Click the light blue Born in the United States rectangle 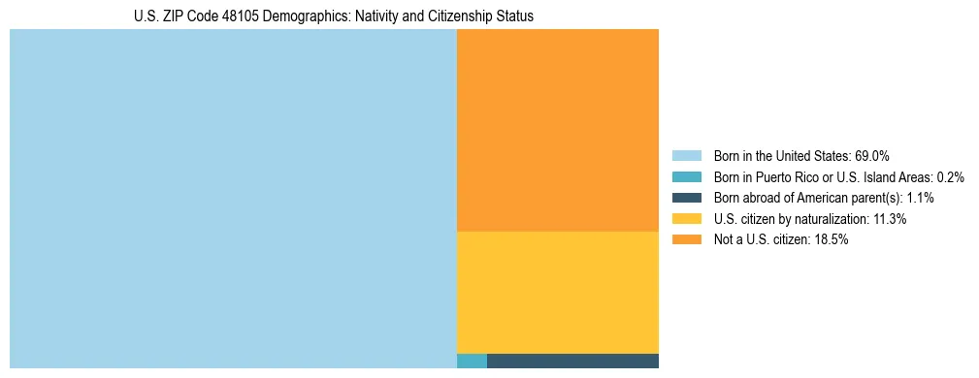[233, 199]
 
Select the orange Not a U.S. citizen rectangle [557, 130]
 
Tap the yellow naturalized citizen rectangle [557, 292]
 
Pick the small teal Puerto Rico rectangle [472, 362]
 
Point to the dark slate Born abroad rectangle [572, 362]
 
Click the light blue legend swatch [686, 155]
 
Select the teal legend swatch [686, 176]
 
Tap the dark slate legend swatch [686, 198]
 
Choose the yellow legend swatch [686, 219]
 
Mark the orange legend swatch [686, 240]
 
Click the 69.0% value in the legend [872, 155]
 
